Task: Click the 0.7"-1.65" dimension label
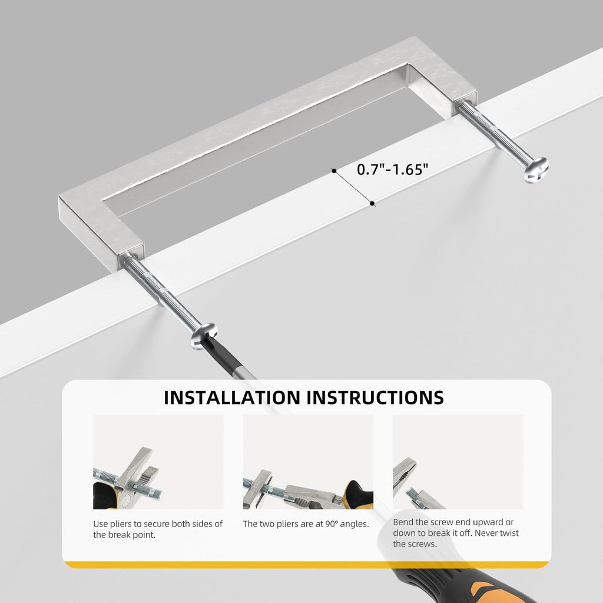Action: tap(392, 169)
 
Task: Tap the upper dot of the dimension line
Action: tap(334, 171)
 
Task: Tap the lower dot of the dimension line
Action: tap(372, 203)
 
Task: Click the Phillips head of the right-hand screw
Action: tap(536, 170)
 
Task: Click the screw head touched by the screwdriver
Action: tap(203, 336)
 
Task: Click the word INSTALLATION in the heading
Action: tap(231, 397)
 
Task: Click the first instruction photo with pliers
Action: tap(158, 462)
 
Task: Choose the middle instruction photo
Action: tap(308, 462)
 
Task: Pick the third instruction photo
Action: tap(458, 462)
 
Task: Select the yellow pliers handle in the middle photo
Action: tap(357, 494)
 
